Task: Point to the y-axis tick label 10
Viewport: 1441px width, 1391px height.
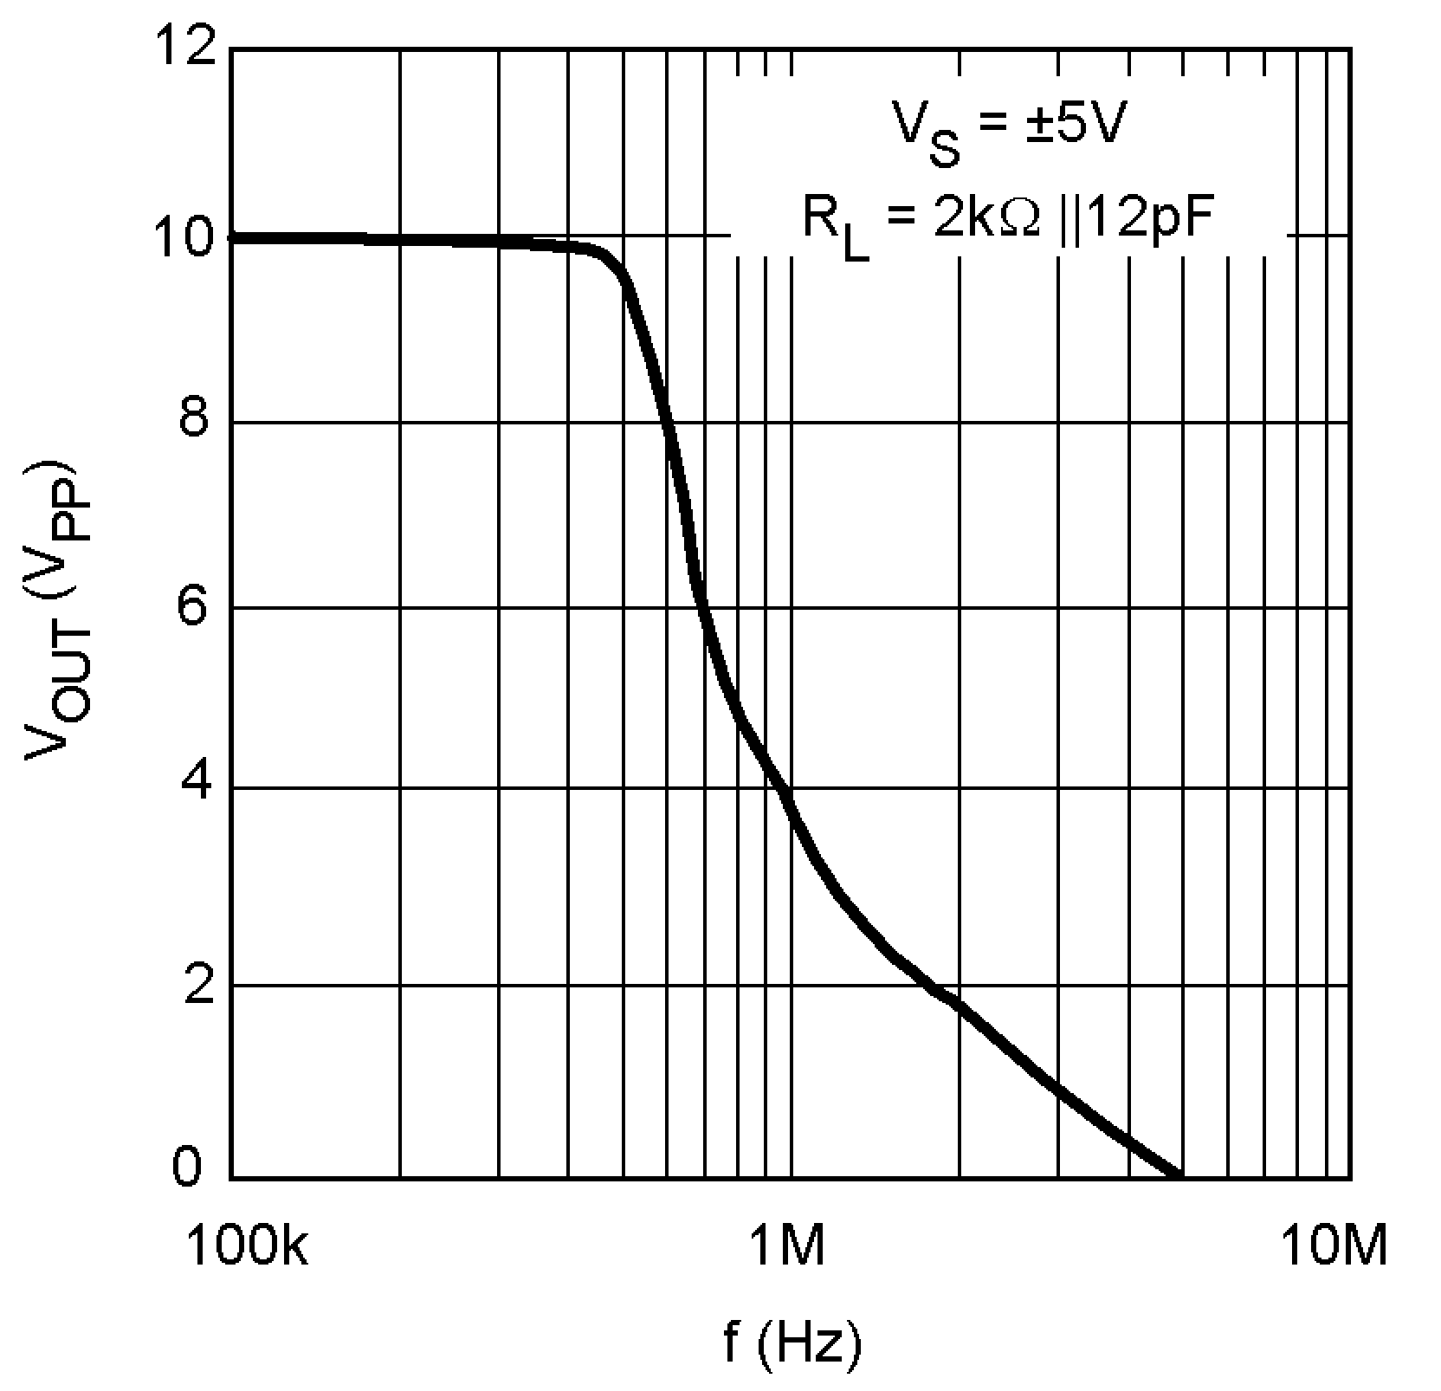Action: (x=184, y=236)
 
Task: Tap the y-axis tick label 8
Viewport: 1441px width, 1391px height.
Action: (x=195, y=422)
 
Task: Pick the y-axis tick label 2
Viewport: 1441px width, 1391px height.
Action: (x=195, y=984)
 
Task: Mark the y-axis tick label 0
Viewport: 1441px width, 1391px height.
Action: (x=189, y=1168)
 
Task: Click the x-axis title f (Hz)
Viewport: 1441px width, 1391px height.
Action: (x=793, y=1342)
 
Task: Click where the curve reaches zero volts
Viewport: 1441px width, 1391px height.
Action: (x=1179, y=1175)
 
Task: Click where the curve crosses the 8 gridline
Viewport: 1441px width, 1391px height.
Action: (x=669, y=422)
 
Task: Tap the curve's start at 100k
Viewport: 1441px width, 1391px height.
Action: (x=234, y=236)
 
